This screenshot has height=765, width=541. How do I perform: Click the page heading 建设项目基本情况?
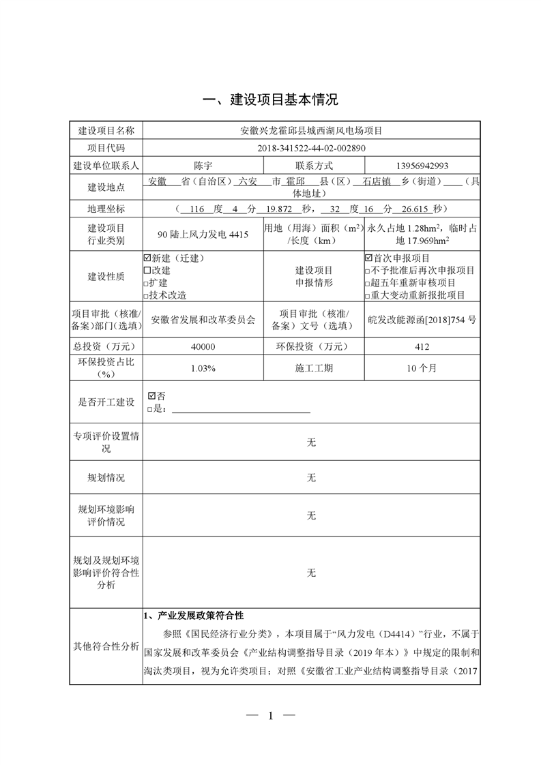(x=271, y=100)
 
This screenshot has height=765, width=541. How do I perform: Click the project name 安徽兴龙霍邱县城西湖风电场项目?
(x=311, y=130)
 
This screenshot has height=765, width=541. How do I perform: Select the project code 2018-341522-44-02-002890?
(x=311, y=147)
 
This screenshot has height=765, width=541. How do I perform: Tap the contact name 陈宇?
(x=203, y=165)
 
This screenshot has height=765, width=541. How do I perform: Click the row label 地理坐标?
(x=106, y=209)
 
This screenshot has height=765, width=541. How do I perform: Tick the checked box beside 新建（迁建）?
(x=147, y=258)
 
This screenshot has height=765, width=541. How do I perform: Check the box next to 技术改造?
(x=147, y=295)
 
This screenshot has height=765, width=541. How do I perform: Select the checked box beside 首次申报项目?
(x=369, y=258)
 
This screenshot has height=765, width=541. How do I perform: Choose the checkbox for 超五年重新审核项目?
(x=368, y=283)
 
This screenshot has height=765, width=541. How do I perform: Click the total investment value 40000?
(x=203, y=347)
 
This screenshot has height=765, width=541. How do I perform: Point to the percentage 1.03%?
(x=203, y=368)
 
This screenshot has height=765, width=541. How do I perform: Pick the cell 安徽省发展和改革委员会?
(x=203, y=318)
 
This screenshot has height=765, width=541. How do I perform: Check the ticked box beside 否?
(x=151, y=395)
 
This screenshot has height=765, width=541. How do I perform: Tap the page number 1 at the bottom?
(x=271, y=715)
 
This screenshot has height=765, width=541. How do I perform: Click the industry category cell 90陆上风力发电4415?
(x=203, y=234)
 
